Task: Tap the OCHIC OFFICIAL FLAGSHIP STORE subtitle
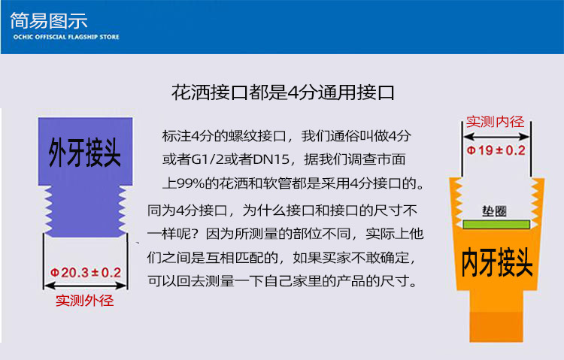click(x=65, y=36)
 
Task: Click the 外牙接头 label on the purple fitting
click(x=85, y=153)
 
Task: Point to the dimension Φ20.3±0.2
click(x=86, y=272)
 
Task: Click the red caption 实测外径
click(x=86, y=301)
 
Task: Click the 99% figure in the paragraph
click(x=194, y=183)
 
